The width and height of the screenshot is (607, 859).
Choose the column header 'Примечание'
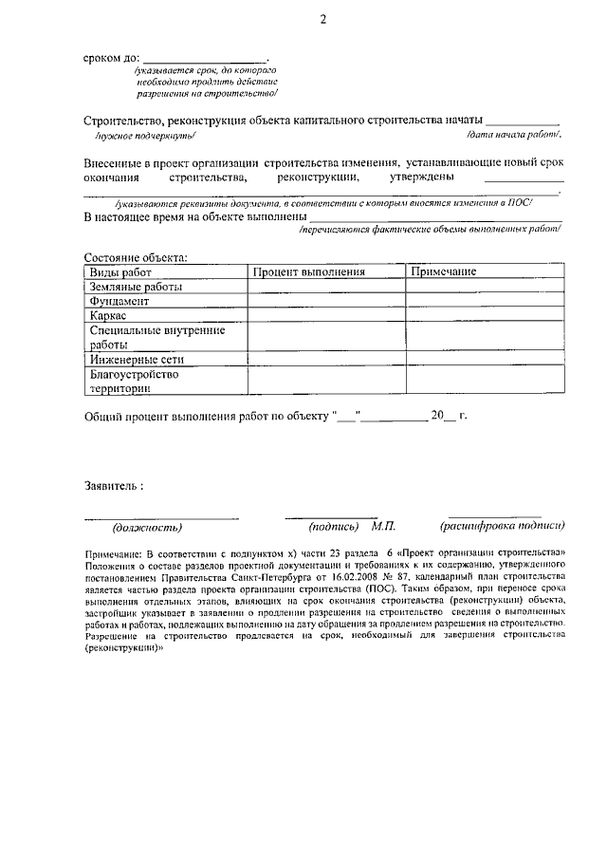(443, 272)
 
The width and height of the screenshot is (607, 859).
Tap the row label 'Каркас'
(108, 315)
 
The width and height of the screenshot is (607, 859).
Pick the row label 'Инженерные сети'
(137, 360)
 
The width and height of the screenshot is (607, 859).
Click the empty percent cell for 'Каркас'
(327, 315)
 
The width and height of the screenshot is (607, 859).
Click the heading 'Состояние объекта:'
(136, 257)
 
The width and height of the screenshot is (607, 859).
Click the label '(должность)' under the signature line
(147, 527)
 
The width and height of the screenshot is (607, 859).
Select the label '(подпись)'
(333, 526)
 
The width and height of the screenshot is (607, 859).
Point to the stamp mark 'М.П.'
(384, 526)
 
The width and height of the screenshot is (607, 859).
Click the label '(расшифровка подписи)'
(503, 526)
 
